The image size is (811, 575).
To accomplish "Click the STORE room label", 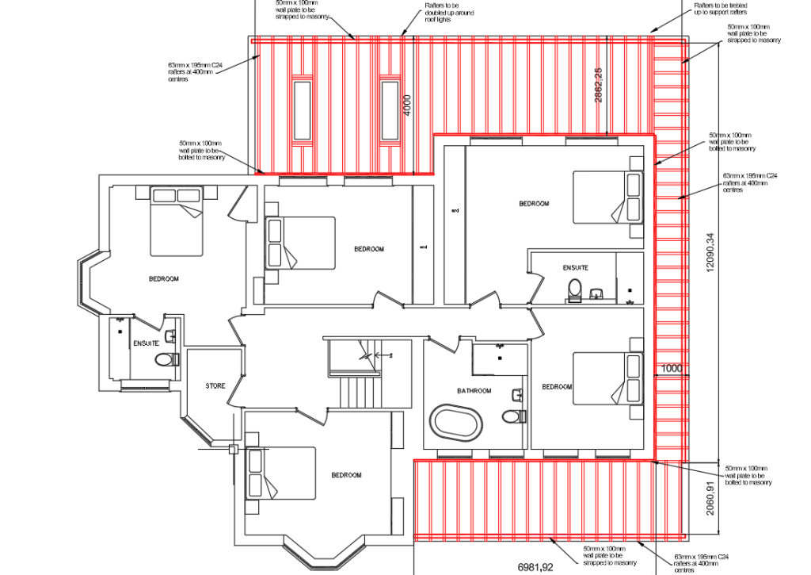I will tap(215, 386).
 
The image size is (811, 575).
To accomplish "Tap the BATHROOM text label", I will tap(474, 391).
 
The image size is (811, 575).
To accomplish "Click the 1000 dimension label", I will tap(671, 369).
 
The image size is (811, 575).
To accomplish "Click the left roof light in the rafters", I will tap(302, 109).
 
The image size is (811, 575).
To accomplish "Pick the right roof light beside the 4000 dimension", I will tap(388, 109).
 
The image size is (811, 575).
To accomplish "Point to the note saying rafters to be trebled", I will tap(720, 9).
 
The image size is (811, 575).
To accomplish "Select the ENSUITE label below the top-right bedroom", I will tap(575, 268).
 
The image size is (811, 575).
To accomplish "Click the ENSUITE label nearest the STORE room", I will tap(146, 343).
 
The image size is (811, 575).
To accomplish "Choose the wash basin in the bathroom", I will tap(518, 394).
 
